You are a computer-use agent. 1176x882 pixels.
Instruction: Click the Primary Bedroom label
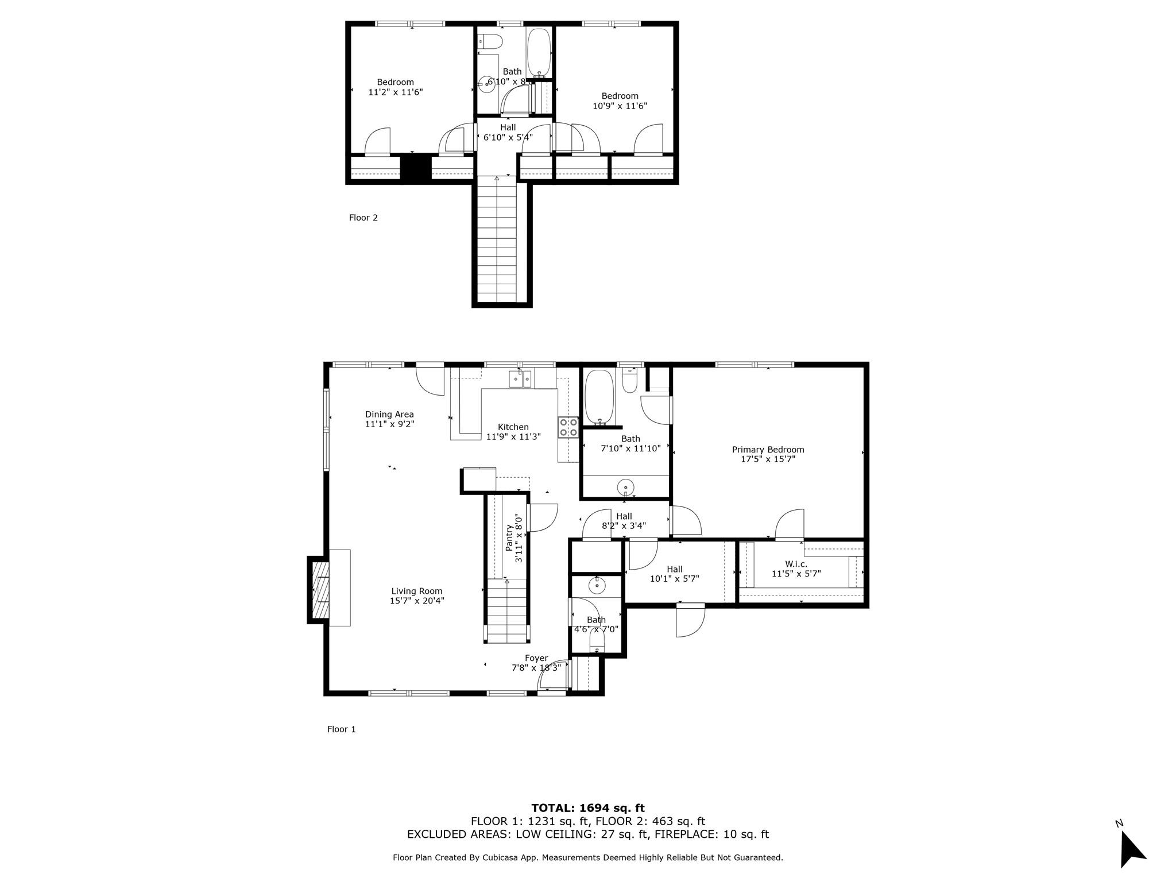(x=768, y=450)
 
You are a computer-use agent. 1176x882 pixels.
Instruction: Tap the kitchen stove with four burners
(x=568, y=427)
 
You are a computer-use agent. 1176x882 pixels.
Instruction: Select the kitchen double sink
(x=520, y=379)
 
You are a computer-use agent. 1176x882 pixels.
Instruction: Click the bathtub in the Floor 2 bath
(x=539, y=52)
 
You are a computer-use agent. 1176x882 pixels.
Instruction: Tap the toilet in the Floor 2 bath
(x=492, y=41)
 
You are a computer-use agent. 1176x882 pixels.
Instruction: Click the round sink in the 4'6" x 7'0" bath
(x=597, y=586)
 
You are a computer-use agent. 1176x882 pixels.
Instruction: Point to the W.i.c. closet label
(x=796, y=564)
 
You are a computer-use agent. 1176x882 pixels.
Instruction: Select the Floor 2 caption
(x=363, y=218)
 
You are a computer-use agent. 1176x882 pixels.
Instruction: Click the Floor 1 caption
(x=342, y=729)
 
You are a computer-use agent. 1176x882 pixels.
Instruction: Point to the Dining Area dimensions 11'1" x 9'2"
(x=389, y=424)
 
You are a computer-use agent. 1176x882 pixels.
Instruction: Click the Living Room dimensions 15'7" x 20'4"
(x=417, y=601)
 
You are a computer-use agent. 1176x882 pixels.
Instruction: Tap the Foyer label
(x=536, y=658)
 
